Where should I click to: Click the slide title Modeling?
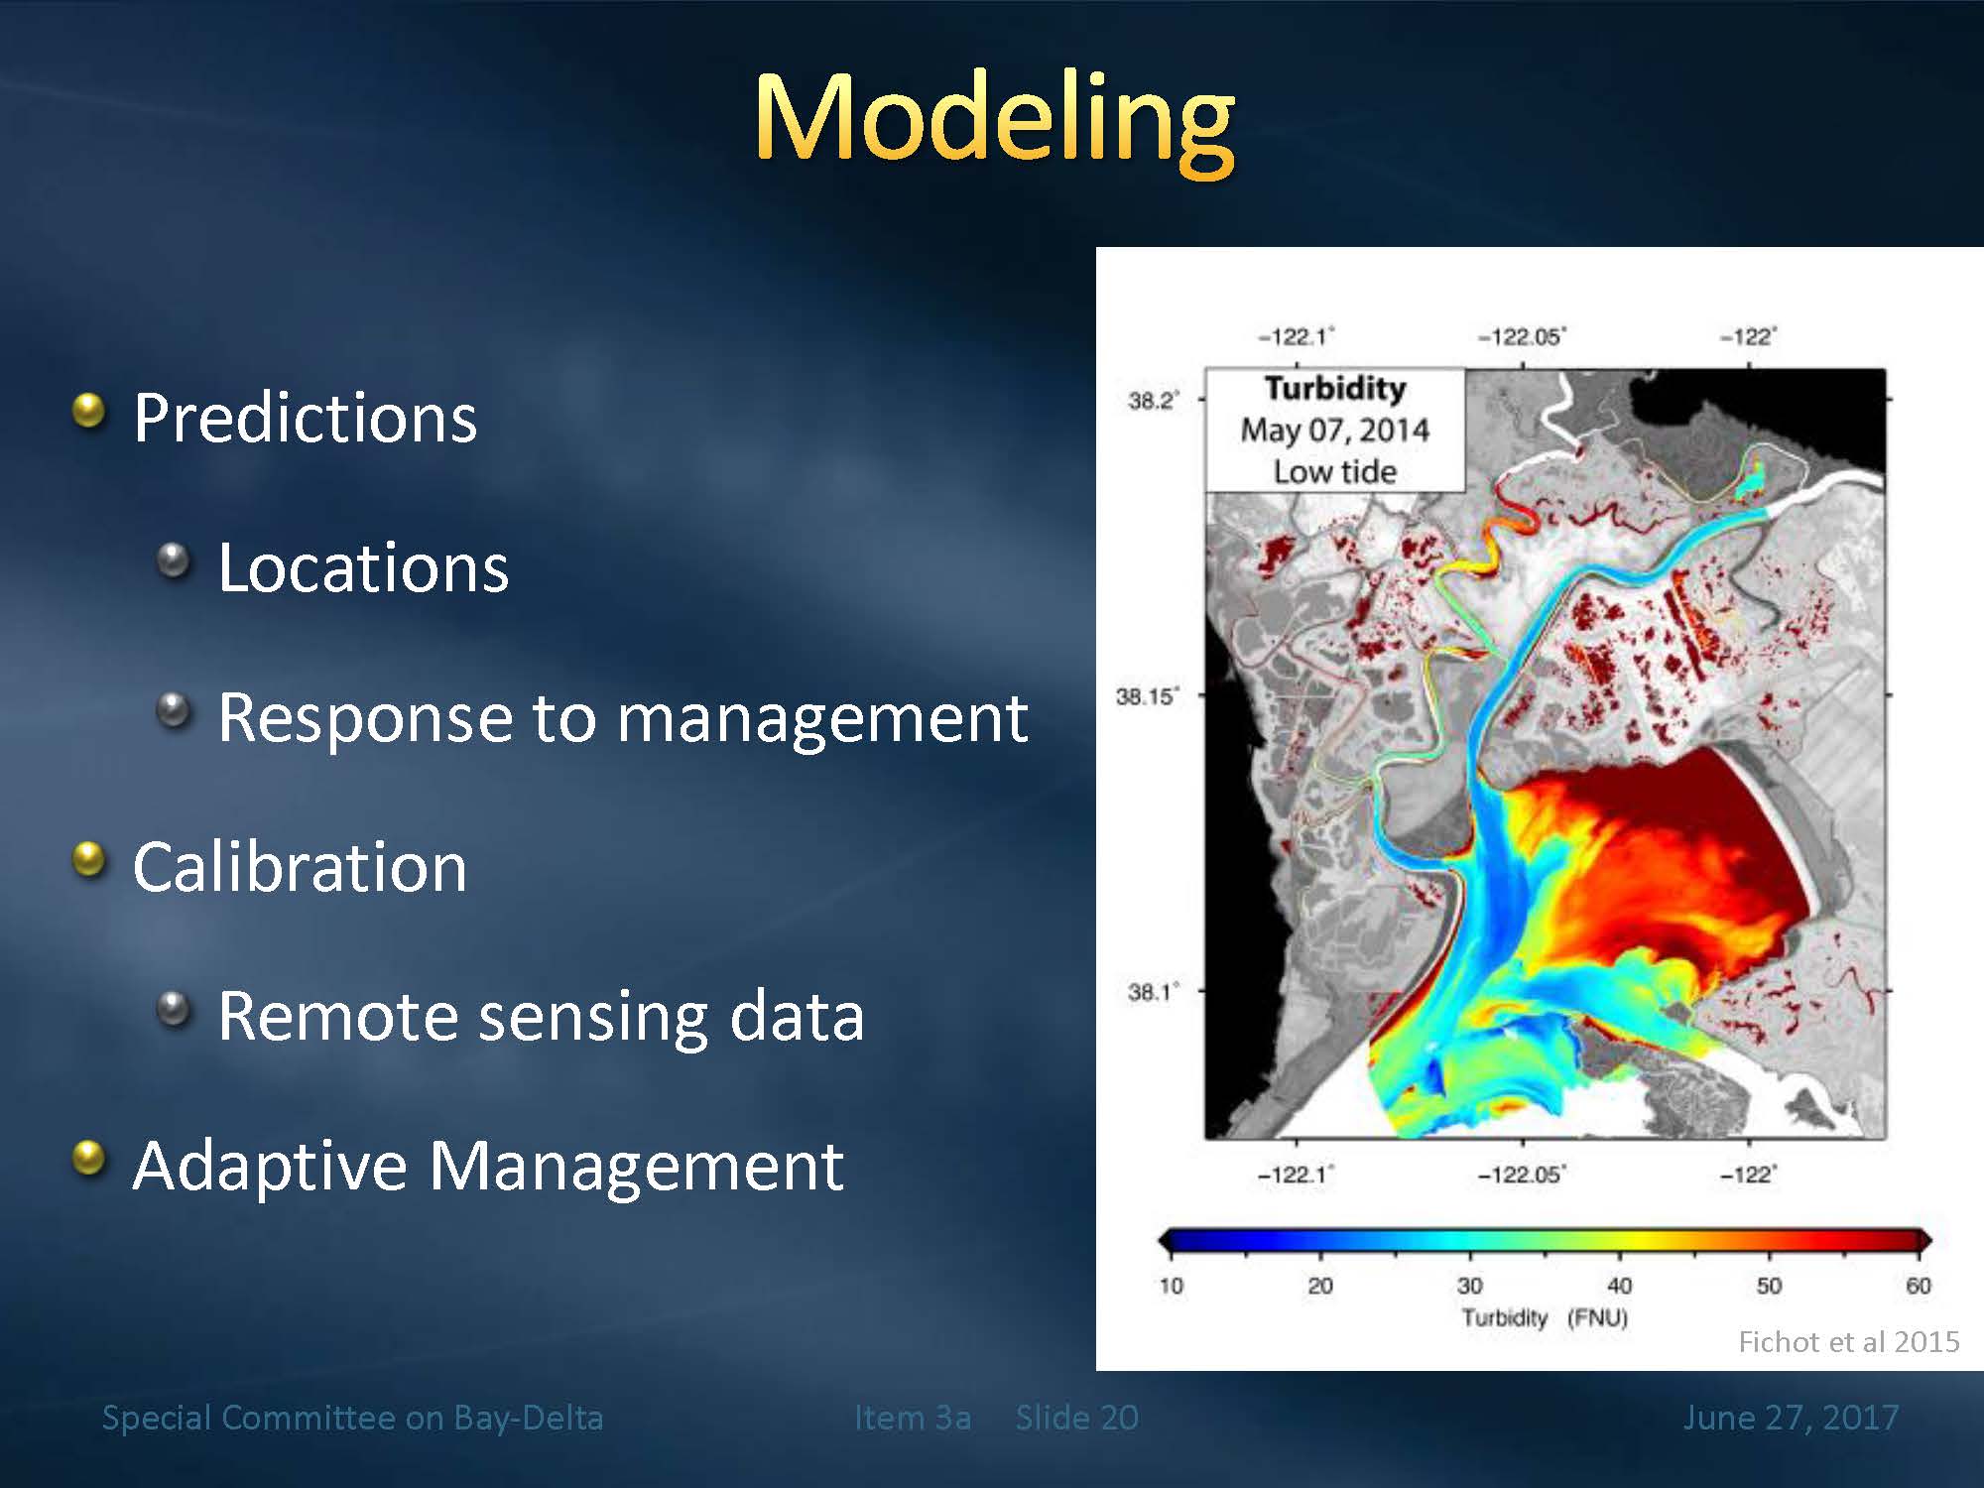click(x=994, y=122)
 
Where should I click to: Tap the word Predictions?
click(x=306, y=418)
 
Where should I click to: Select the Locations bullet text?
click(x=363, y=567)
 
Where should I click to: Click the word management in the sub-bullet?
click(x=822, y=718)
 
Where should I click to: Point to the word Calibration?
click(x=300, y=867)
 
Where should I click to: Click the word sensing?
click(x=593, y=1018)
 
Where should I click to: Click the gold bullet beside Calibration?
click(x=90, y=859)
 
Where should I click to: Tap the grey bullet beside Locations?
click(x=175, y=560)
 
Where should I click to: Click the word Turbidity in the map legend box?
click(x=1335, y=388)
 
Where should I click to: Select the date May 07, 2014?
click(x=1335, y=431)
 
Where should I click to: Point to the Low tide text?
click(x=1335, y=472)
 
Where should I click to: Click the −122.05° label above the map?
click(x=1522, y=337)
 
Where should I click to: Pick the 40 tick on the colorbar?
click(x=1619, y=1286)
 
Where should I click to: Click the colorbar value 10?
click(x=1172, y=1286)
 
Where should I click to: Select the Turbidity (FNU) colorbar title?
click(x=1545, y=1318)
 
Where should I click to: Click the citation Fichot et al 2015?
click(x=1849, y=1342)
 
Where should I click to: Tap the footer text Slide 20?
click(x=1077, y=1418)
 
